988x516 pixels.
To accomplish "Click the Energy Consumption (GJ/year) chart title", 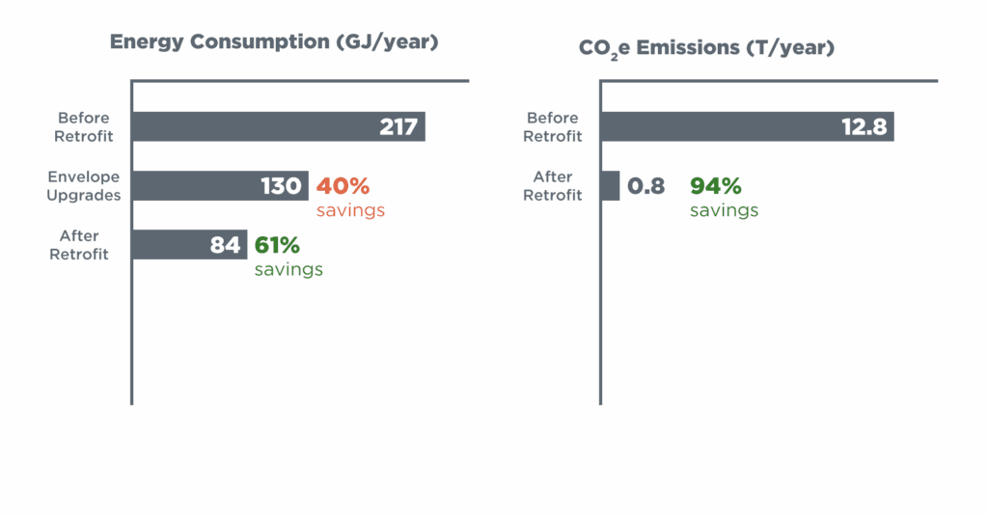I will [274, 42].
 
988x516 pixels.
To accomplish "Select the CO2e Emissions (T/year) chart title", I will [706, 46].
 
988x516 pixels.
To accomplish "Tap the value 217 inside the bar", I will [398, 127].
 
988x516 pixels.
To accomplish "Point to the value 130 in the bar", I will [282, 186].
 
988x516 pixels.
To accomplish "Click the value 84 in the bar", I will [225, 245].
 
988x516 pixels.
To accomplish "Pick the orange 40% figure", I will [343, 185].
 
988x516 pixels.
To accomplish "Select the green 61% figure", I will [278, 245].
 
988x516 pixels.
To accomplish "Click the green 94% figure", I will [716, 186].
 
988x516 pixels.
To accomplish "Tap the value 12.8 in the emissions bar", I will [864, 127].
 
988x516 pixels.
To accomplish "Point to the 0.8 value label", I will [646, 186].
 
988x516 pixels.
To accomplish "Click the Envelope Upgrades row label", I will [84, 186].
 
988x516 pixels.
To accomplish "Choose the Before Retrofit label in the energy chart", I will [83, 127].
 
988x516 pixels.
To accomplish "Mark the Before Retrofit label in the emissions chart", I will [553, 127].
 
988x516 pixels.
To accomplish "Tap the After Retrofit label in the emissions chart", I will [553, 186].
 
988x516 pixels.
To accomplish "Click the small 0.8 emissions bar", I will [611, 186].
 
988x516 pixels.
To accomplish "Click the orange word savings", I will [351, 210].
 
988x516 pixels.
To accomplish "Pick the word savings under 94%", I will [725, 210].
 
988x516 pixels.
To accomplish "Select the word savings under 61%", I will [288, 269].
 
